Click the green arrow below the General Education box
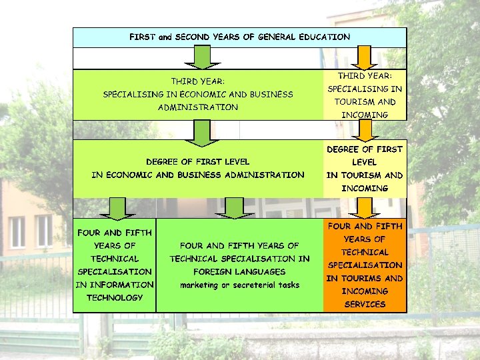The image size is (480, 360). pyautogui.click(x=198, y=57)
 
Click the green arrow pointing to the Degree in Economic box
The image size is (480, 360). pyautogui.click(x=198, y=132)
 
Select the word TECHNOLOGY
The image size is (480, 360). pyautogui.click(x=115, y=297)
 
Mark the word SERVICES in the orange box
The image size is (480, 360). pyautogui.click(x=365, y=304)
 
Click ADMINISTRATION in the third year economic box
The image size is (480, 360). pyautogui.click(x=198, y=107)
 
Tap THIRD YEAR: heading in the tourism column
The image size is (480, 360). pyautogui.click(x=365, y=76)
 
